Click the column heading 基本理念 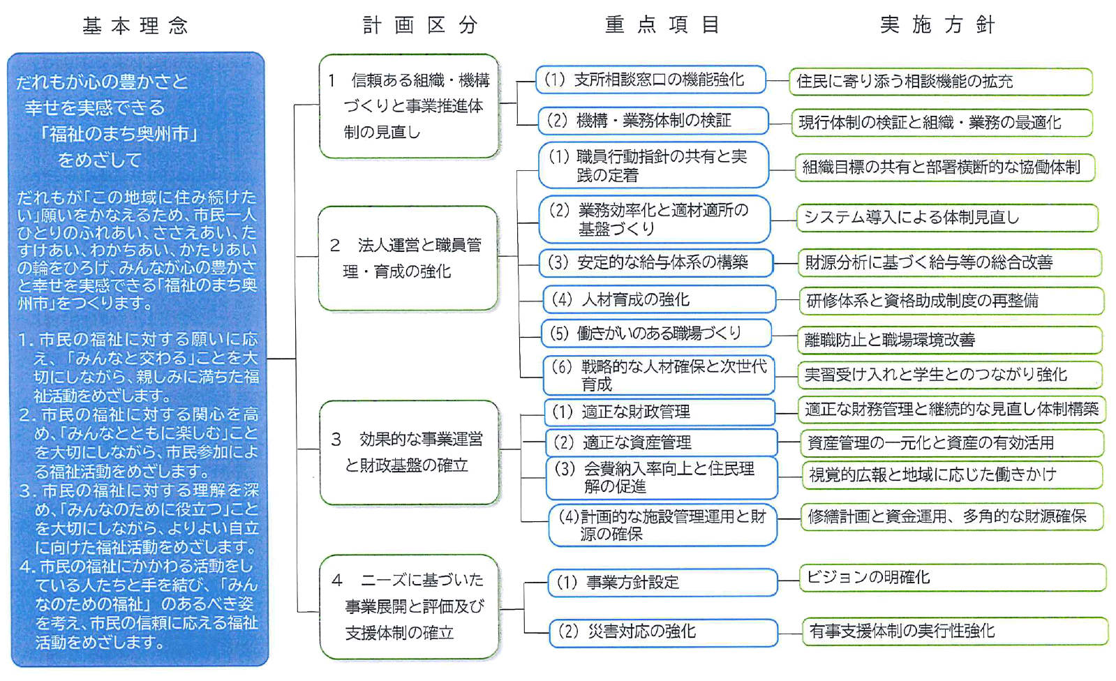pyautogui.click(x=135, y=26)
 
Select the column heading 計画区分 pyautogui.click(x=420, y=25)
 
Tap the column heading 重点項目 pyautogui.click(x=662, y=25)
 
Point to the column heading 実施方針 pyautogui.click(x=937, y=25)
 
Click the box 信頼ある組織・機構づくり pyautogui.click(x=410, y=106)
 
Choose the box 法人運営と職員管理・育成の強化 pyautogui.click(x=408, y=258)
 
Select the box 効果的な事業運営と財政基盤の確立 pyautogui.click(x=410, y=452)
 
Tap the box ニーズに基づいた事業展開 pyautogui.click(x=410, y=606)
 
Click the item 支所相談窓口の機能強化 pyautogui.click(x=650, y=80)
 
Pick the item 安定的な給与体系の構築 pyautogui.click(x=656, y=263)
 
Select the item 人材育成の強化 pyautogui.click(x=659, y=299)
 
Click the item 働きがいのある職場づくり pyautogui.click(x=657, y=334)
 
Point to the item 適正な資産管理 pyautogui.click(x=660, y=442)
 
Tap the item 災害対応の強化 pyautogui.click(x=663, y=632)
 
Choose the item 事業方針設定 pyautogui.click(x=662, y=583)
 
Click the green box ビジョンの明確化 pyautogui.click(x=952, y=578)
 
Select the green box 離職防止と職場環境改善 pyautogui.click(x=948, y=340)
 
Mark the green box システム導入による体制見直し pyautogui.click(x=946, y=218)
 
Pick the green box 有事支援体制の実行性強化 pyautogui.click(x=954, y=631)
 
